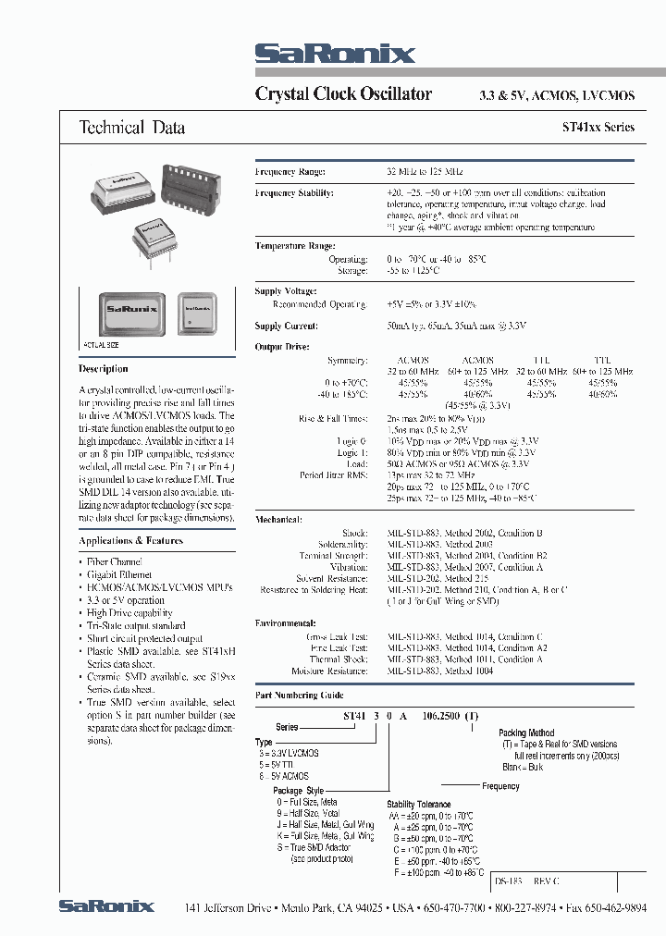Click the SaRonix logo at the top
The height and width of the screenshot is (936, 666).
click(334, 54)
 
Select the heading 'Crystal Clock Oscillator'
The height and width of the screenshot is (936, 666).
click(343, 94)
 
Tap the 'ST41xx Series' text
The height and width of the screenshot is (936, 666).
click(598, 128)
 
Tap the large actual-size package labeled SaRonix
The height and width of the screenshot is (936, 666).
click(129, 311)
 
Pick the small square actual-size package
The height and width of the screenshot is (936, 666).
click(199, 313)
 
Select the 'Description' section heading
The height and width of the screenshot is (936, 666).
click(104, 369)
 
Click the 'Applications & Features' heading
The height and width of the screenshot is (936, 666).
click(131, 540)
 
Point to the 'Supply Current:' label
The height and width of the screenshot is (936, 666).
click(286, 326)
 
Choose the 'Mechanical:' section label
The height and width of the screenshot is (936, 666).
click(278, 520)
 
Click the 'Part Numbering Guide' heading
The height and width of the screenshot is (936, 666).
click(299, 695)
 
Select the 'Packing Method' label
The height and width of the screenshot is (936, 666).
click(526, 733)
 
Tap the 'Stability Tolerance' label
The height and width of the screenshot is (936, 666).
click(419, 805)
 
